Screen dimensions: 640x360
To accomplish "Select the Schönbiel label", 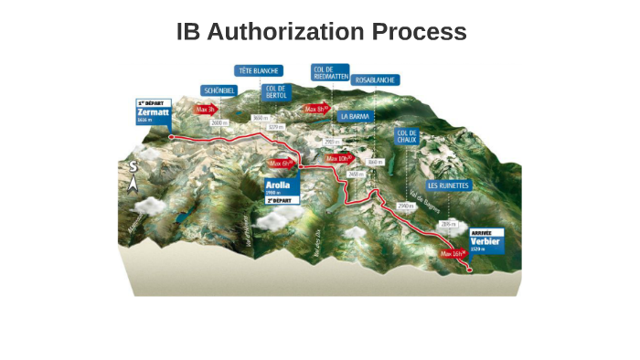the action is coord(219,90).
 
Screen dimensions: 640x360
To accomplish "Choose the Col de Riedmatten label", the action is coord(329,73).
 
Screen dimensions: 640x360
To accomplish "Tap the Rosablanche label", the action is coord(375,80).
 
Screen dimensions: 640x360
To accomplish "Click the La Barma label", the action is coord(353,116).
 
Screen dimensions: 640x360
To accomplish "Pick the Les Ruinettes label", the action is coord(448,185).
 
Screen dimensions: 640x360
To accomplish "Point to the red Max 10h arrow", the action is coord(339,158).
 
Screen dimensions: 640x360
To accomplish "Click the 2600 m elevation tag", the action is coord(219,122).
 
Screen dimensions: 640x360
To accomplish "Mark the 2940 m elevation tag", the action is coord(406,207).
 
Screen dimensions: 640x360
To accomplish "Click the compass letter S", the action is coord(133,167).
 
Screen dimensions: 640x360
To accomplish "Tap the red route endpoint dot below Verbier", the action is coord(470,270).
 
